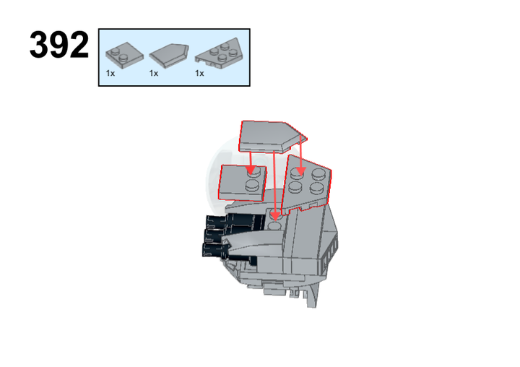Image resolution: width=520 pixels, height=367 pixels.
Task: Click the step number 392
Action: click(x=59, y=45)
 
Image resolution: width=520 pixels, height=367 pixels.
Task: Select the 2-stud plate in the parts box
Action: click(x=124, y=56)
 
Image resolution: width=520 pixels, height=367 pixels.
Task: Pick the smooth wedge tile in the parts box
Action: click(x=169, y=56)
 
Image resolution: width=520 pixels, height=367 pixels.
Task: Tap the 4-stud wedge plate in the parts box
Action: click(x=220, y=53)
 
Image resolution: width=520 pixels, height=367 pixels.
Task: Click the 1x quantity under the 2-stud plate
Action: click(x=110, y=74)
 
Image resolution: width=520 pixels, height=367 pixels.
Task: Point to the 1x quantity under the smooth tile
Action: click(x=154, y=74)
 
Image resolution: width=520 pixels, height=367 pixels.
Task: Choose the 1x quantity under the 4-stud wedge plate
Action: click(x=199, y=74)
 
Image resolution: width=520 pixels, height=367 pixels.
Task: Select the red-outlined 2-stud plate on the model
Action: click(x=242, y=183)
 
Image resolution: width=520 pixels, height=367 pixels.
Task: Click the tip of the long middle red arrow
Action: click(x=275, y=220)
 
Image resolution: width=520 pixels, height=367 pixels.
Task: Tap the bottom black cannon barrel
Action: click(x=216, y=249)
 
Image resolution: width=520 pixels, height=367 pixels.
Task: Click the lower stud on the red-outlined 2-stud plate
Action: click(x=252, y=186)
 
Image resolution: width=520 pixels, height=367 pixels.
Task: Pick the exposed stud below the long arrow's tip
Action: click(x=274, y=227)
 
